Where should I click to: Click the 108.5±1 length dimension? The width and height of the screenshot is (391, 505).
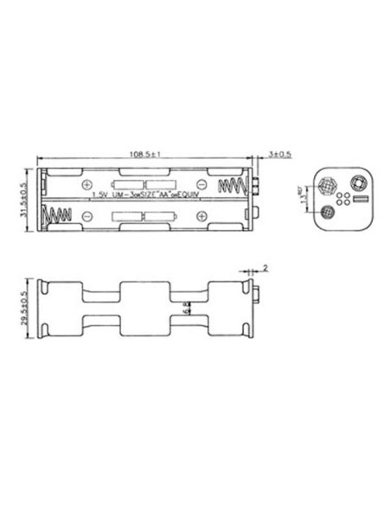click(148, 156)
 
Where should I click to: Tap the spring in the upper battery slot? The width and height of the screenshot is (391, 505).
click(232, 185)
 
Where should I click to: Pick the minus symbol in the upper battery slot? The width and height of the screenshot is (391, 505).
click(201, 185)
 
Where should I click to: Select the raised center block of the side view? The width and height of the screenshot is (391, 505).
click(146, 309)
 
